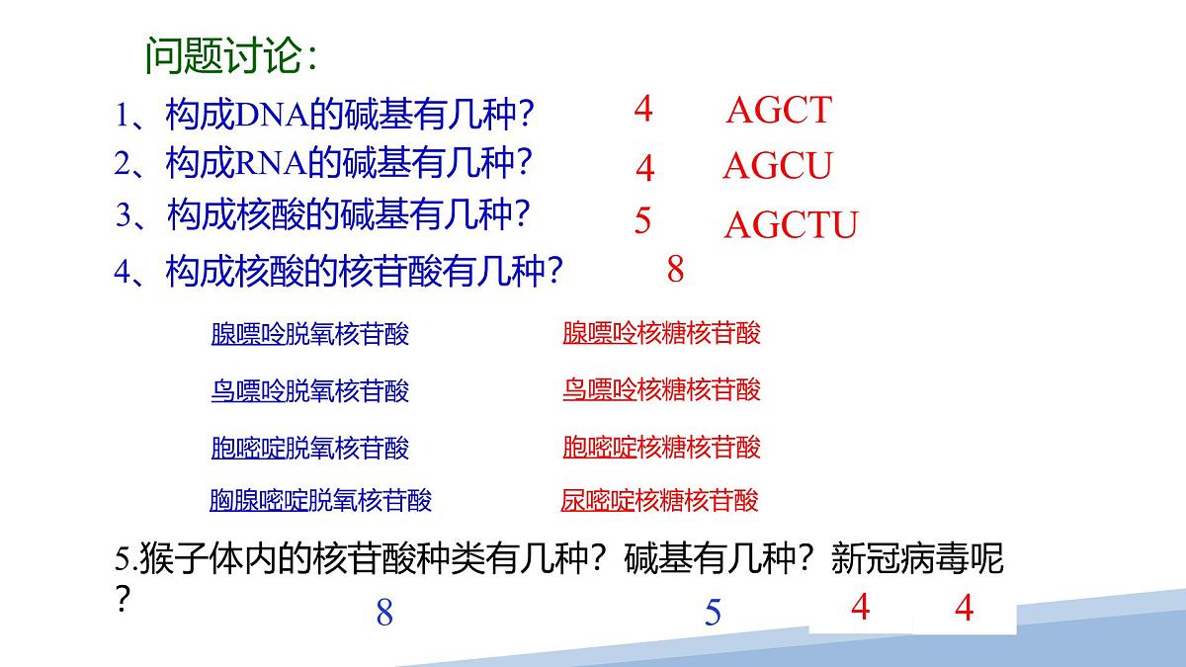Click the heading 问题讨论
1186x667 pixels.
pos(230,55)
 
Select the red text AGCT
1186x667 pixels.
pos(779,111)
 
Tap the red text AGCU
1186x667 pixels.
pos(778,166)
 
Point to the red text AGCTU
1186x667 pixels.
pos(791,225)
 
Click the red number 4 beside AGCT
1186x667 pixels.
pos(643,109)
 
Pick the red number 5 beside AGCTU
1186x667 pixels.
pos(643,220)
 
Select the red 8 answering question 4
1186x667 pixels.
pos(676,269)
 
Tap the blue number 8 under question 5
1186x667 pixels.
pos(384,614)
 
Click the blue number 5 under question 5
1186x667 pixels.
pos(713,614)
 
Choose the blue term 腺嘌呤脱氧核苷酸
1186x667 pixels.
pos(309,334)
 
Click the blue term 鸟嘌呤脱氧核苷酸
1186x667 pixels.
pos(309,391)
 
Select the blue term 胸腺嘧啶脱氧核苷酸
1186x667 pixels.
pos(320,500)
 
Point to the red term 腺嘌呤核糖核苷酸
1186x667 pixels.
pos(661,333)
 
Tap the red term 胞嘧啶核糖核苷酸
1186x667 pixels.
pos(661,447)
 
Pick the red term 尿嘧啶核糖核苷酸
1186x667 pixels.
pos(659,500)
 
